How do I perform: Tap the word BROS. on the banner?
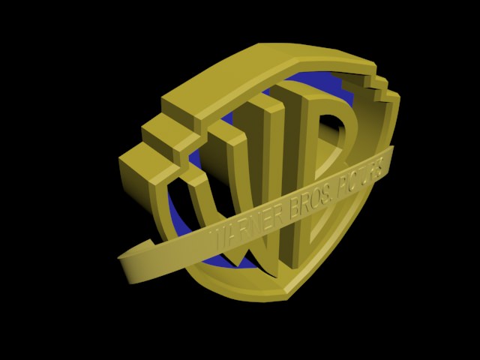[x=303, y=199]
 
